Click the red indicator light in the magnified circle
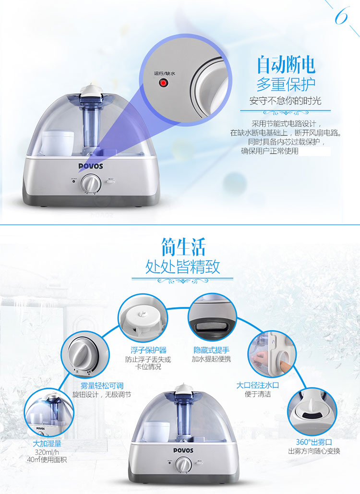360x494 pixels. tap(163, 83)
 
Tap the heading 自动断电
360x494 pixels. tap(286, 65)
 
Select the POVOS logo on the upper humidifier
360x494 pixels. tap(91, 166)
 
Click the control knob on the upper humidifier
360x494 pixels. tap(91, 182)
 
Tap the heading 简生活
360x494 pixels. tap(183, 247)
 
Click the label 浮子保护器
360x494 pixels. tap(148, 350)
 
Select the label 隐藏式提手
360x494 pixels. tap(211, 350)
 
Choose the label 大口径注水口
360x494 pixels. tap(258, 385)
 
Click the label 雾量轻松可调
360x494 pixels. tap(102, 386)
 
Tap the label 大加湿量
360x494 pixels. tap(47, 444)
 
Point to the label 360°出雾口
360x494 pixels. tap(314, 442)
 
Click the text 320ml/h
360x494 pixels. tap(47, 452)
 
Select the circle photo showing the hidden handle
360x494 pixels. tap(212, 318)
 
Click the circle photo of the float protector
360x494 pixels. tap(143, 318)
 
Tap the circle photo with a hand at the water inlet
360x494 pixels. tap(272, 355)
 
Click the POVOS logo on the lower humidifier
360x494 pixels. tap(183, 450)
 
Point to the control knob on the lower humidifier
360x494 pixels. tap(183, 465)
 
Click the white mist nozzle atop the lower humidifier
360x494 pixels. tap(183, 389)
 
